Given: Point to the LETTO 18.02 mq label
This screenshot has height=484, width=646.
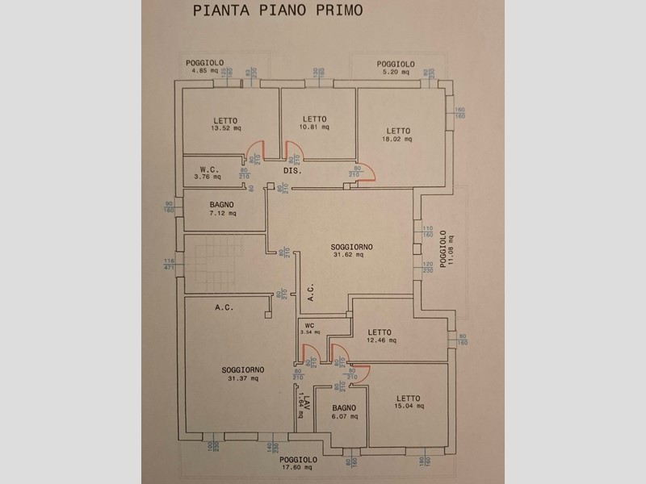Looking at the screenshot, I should (x=397, y=135).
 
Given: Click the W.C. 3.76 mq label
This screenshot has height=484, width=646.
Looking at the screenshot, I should (x=209, y=173).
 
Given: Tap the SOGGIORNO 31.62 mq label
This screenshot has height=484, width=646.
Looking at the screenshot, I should (x=349, y=250).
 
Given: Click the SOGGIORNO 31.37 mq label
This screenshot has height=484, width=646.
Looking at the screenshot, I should (x=242, y=373).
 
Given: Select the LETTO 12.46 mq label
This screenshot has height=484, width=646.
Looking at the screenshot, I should (x=380, y=336).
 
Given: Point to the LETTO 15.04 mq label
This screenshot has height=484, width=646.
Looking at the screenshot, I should (x=409, y=402).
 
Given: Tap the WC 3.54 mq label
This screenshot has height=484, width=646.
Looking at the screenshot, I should (x=310, y=329).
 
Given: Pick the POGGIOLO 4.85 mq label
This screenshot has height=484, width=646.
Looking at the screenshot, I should (x=203, y=67).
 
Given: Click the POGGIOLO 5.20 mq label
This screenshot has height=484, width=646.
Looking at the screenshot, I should (x=396, y=67).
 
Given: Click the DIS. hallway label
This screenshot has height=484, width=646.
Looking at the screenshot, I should (x=292, y=173).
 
